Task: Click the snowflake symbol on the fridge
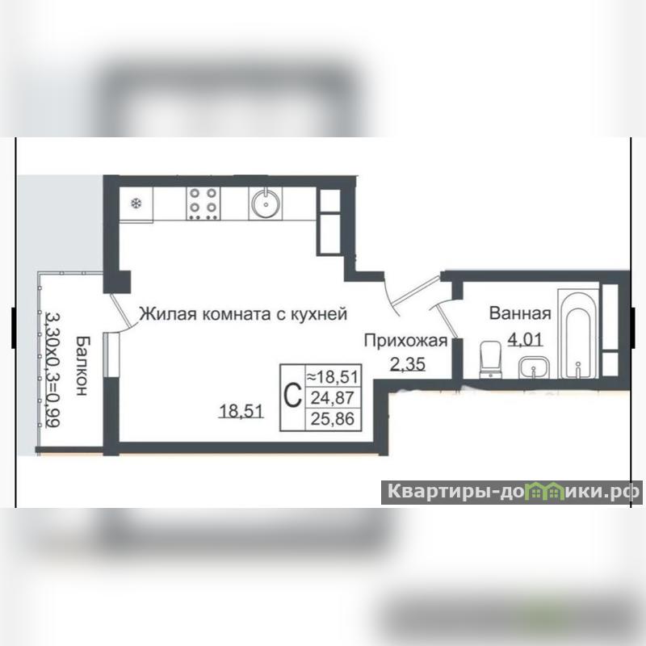click(x=136, y=203)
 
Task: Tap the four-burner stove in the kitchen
click(x=203, y=203)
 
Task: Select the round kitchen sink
click(x=266, y=203)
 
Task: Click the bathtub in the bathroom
click(x=577, y=333)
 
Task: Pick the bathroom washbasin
click(x=534, y=367)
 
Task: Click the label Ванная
click(x=520, y=313)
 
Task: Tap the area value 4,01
click(x=526, y=340)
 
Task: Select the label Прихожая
click(x=406, y=341)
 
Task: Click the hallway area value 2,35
click(x=408, y=364)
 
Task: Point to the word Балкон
click(x=82, y=366)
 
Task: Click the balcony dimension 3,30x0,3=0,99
click(x=53, y=370)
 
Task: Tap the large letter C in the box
click(x=292, y=396)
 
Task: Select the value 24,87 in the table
click(x=333, y=398)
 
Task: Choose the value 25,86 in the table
click(x=333, y=419)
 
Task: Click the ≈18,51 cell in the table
click(x=333, y=376)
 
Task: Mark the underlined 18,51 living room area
click(x=241, y=411)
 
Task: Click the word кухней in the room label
click(x=319, y=314)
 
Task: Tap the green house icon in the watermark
click(x=544, y=492)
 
